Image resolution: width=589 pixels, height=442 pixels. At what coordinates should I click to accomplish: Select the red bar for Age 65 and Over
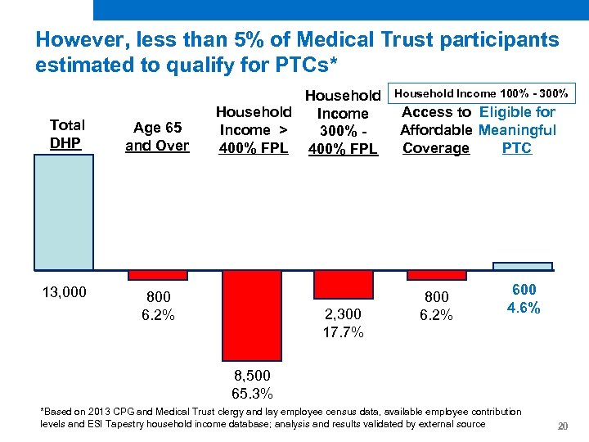point(158,275)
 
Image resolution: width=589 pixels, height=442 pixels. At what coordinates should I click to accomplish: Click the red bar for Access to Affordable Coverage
point(437,275)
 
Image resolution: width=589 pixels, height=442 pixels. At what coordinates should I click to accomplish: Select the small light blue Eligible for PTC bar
point(523,266)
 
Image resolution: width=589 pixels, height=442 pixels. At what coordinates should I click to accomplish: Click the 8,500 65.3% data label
point(252,384)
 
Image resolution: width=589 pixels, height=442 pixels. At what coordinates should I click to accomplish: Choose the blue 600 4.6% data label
point(524,300)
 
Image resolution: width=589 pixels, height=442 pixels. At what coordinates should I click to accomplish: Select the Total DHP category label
point(66,134)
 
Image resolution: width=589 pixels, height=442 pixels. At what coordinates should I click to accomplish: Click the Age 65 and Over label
point(157,137)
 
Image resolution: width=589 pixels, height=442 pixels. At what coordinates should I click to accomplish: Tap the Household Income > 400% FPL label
point(253,129)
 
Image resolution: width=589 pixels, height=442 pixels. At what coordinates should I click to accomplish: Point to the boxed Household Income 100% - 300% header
point(483,93)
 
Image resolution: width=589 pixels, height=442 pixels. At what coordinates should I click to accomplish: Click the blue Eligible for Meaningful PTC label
point(517,130)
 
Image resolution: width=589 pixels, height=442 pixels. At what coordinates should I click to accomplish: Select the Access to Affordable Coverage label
point(436,130)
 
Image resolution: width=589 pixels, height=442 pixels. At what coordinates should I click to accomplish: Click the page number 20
point(562,426)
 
